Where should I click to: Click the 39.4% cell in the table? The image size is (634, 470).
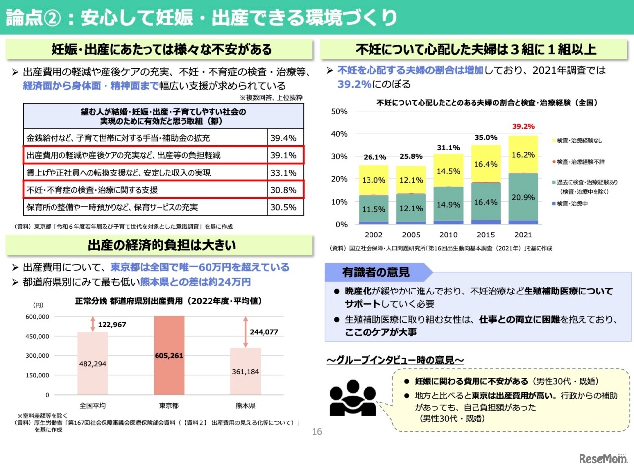(283, 138)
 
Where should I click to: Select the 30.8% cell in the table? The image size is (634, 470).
(283, 190)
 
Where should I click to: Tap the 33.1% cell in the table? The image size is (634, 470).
(283, 173)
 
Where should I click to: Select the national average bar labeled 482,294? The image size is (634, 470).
(93, 363)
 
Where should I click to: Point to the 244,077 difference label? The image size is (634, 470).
(264, 332)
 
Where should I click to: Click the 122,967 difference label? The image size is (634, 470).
(112, 325)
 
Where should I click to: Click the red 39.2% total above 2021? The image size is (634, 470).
(523, 126)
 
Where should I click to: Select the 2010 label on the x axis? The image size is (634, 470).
(449, 235)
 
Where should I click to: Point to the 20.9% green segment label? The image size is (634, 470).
(523, 197)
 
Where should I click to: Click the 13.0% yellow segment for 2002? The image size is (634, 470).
(374, 180)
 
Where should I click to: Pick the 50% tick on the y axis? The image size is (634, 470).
(339, 111)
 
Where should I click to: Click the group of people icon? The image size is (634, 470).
(353, 398)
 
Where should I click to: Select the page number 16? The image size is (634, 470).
(317, 432)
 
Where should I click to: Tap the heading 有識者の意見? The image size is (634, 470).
(375, 272)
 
